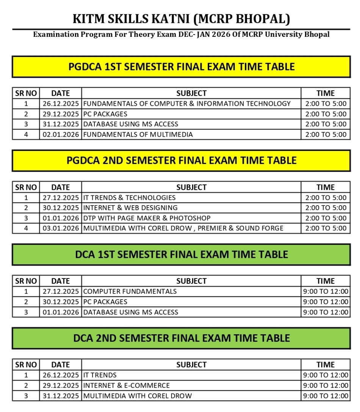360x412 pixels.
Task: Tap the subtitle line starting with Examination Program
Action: point(181,35)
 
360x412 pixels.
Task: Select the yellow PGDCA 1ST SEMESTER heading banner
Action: point(181,67)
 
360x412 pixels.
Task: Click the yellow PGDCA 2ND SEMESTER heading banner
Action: point(181,160)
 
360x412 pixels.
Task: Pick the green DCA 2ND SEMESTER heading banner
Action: point(181,338)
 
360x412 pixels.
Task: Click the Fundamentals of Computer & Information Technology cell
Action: point(187,104)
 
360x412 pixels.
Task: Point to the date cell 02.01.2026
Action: point(61,134)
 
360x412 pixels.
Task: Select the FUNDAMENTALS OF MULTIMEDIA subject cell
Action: point(138,134)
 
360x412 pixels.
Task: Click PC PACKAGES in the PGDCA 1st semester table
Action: point(105,114)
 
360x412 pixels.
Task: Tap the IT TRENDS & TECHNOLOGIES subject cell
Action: point(129,198)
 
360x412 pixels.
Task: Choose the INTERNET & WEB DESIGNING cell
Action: point(130,208)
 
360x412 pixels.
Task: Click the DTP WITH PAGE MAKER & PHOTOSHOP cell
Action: point(147,218)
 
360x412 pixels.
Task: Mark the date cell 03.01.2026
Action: point(61,228)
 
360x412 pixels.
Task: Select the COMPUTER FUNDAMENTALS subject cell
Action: point(130,291)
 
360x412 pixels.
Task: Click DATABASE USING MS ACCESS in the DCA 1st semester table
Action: point(131,312)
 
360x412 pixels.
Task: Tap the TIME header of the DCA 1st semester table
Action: point(326,281)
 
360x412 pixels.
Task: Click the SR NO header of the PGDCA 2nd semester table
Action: point(26,187)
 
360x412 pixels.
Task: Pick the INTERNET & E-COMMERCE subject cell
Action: point(127,385)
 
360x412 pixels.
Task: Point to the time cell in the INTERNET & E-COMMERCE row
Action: point(326,385)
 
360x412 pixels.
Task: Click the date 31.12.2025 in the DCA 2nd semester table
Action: point(61,396)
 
